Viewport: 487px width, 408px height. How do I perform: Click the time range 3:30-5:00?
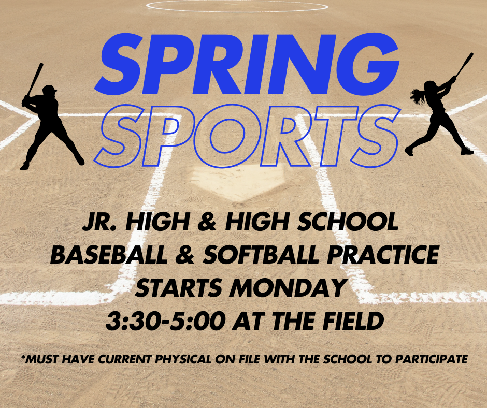165,322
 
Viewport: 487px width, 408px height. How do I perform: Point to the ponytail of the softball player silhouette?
417,95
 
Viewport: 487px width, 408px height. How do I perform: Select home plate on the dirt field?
244,183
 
